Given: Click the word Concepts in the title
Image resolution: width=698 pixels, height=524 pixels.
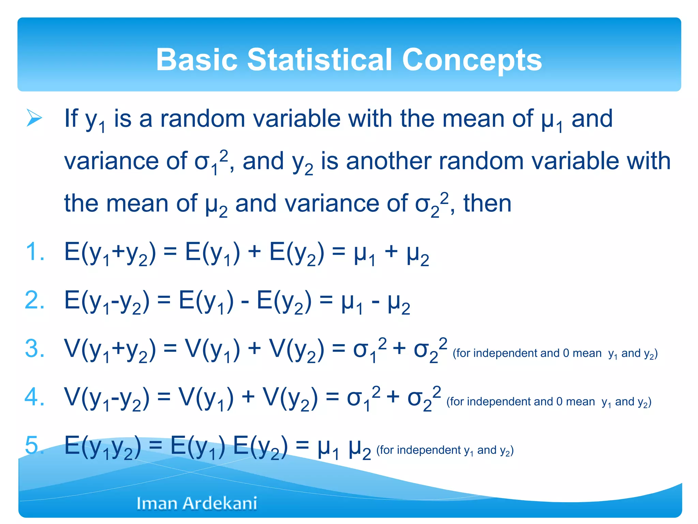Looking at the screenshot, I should tap(472, 60).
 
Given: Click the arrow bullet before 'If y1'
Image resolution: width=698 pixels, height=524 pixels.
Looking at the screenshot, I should tap(34, 118).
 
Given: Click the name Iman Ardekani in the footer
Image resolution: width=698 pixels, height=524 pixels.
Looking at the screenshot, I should tap(197, 503).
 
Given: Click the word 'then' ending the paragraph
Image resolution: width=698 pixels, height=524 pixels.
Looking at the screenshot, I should tap(487, 203).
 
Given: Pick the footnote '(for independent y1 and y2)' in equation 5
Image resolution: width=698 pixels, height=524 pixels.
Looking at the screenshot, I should tap(445, 451).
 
